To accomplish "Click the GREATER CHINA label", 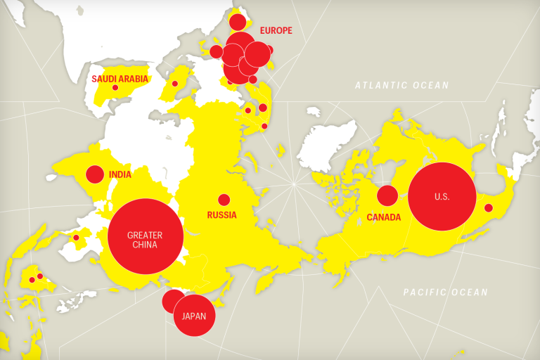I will [x=145, y=240].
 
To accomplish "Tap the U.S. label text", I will [x=442, y=197].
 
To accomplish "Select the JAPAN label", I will [x=194, y=316].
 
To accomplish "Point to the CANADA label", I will [x=383, y=217].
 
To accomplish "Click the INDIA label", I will [x=120, y=174].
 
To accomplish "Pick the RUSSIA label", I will [x=221, y=215].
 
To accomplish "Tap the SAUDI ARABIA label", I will [x=120, y=79].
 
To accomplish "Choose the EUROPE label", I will [x=276, y=30].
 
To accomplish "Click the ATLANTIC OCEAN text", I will [x=401, y=85].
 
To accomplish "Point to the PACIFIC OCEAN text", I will [x=445, y=292].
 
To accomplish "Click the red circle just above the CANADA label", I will [x=387, y=195].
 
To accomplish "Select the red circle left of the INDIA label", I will [x=95, y=174].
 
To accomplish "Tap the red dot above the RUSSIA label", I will [x=224, y=200].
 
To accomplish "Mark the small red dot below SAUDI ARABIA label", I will [x=115, y=87].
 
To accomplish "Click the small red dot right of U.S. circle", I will [x=488, y=207].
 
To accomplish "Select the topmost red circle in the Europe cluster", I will [x=238, y=22].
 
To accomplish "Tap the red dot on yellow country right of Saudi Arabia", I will [x=175, y=84].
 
